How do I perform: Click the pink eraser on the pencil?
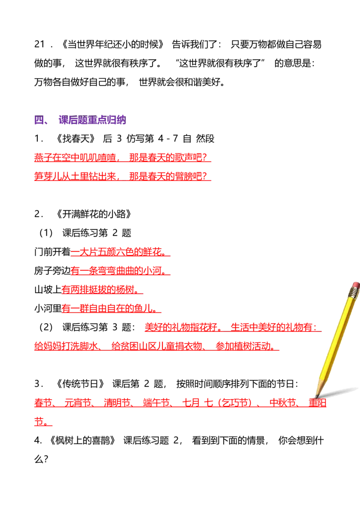(356, 286)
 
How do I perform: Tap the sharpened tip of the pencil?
(316, 397)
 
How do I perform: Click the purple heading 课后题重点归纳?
(92, 120)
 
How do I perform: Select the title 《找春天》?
(76, 139)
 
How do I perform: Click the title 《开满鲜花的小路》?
(94, 214)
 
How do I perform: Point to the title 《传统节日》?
(80, 384)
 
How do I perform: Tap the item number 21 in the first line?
(39, 45)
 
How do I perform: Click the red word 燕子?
(43, 158)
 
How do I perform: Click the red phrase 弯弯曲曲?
(116, 271)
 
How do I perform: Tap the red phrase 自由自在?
(107, 308)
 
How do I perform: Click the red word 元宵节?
(78, 403)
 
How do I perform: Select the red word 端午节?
(157, 403)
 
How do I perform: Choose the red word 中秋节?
(283, 403)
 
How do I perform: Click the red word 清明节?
(117, 403)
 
